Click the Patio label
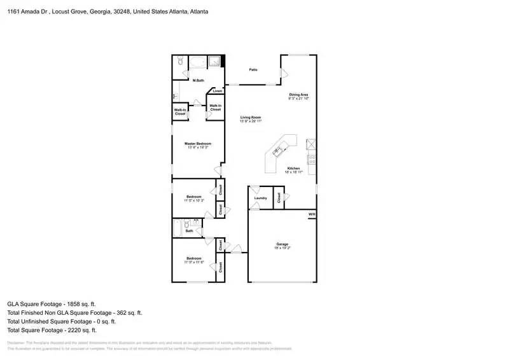[x=253, y=70]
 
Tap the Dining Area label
[x=298, y=95]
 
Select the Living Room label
[x=251, y=118]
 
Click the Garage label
[x=282, y=244]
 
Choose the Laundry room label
[x=260, y=198]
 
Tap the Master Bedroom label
[x=198, y=144]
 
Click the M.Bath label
[x=199, y=80]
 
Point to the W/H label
[x=312, y=214]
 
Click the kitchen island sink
[x=278, y=151]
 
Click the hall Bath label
[x=189, y=231]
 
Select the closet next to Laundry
[x=279, y=197]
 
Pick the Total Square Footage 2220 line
[x=52, y=331]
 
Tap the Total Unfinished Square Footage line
[x=62, y=322]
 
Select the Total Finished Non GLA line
[x=74, y=313]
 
